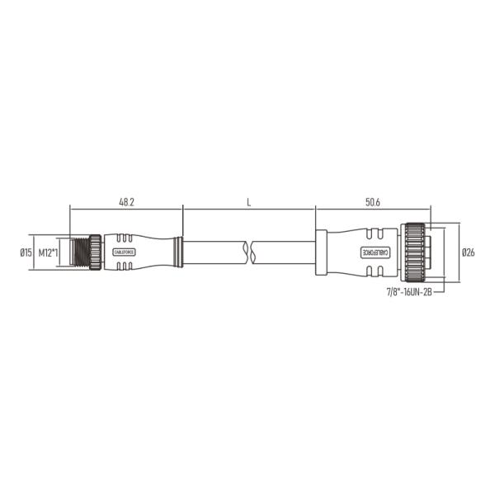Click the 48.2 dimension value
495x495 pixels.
tap(126, 200)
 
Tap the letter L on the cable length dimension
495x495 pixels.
tap(248, 200)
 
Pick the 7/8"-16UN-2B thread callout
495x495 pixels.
tap(409, 291)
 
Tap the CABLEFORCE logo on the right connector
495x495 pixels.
tap(369, 252)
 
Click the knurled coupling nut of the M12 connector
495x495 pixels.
tap(95, 252)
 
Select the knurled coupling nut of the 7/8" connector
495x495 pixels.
tap(412, 252)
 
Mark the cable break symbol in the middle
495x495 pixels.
tap(250, 252)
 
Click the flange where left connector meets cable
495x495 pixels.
tap(177, 252)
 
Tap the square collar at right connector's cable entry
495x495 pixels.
tap(322, 252)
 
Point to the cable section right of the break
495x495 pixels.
tap(285, 252)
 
